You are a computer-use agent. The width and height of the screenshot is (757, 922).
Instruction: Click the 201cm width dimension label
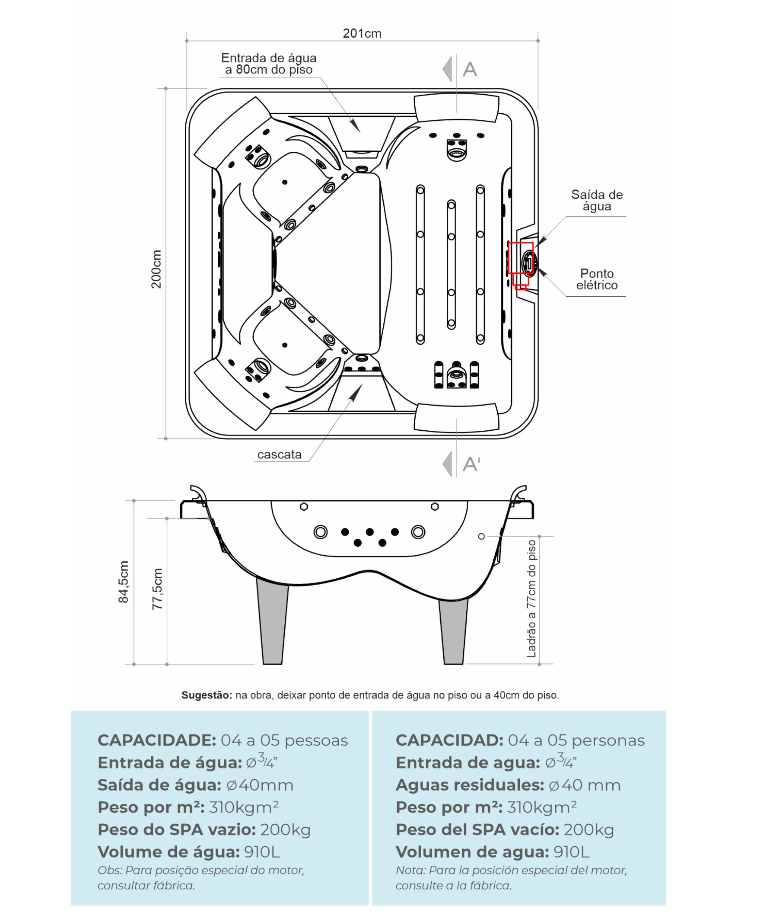362,34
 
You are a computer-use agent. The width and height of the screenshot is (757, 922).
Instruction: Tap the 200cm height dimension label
156,269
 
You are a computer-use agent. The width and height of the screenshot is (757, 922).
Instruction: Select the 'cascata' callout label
279,455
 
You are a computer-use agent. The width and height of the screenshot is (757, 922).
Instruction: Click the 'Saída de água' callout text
597,200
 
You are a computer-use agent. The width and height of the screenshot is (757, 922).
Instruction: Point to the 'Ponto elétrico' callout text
597,279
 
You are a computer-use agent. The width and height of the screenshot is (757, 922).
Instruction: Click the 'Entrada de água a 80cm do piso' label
269,64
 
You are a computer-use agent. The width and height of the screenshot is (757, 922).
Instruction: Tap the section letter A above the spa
470,70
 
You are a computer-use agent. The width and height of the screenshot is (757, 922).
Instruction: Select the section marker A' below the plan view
471,464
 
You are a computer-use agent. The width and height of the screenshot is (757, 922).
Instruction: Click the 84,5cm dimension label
124,582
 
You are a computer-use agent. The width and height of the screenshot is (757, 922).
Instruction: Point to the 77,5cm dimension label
157,589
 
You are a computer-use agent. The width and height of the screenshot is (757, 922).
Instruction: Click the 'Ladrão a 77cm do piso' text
531,599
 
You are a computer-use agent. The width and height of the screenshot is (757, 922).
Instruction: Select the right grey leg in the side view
454,631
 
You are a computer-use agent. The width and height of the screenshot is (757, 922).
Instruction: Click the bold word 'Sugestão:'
207,695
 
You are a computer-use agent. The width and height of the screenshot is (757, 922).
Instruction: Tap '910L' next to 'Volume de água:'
262,852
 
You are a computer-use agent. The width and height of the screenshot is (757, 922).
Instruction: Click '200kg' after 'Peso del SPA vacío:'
588,830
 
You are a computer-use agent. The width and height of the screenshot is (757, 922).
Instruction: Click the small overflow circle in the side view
481,536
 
